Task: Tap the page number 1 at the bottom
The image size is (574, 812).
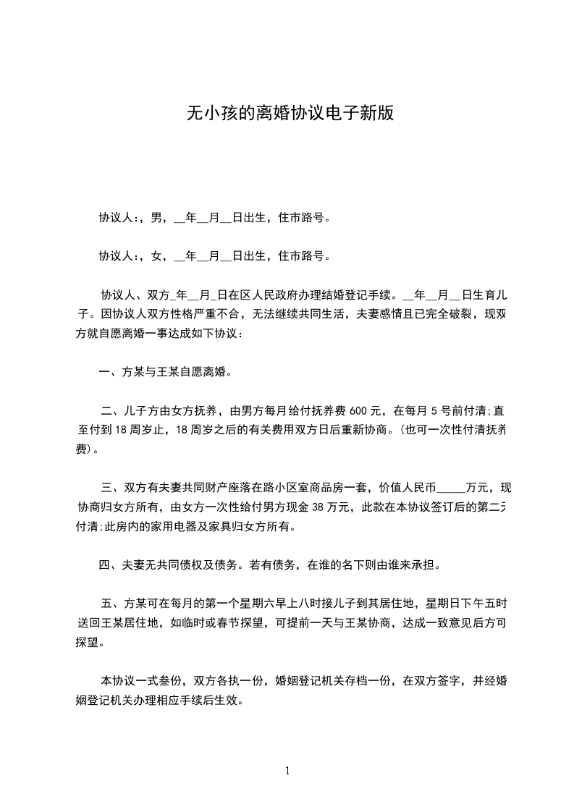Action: [287, 771]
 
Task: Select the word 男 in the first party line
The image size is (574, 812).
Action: [156, 217]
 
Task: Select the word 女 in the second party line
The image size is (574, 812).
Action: [156, 255]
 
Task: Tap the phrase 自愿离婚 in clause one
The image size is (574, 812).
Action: [204, 373]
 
